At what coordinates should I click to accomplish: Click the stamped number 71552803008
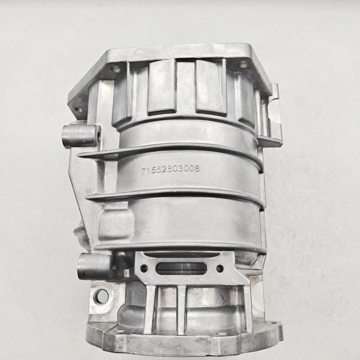click(x=170, y=170)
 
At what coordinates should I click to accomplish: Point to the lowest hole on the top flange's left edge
click(x=78, y=110)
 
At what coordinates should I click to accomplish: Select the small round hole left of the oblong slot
click(x=144, y=267)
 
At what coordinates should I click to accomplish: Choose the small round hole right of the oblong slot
click(x=220, y=268)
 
